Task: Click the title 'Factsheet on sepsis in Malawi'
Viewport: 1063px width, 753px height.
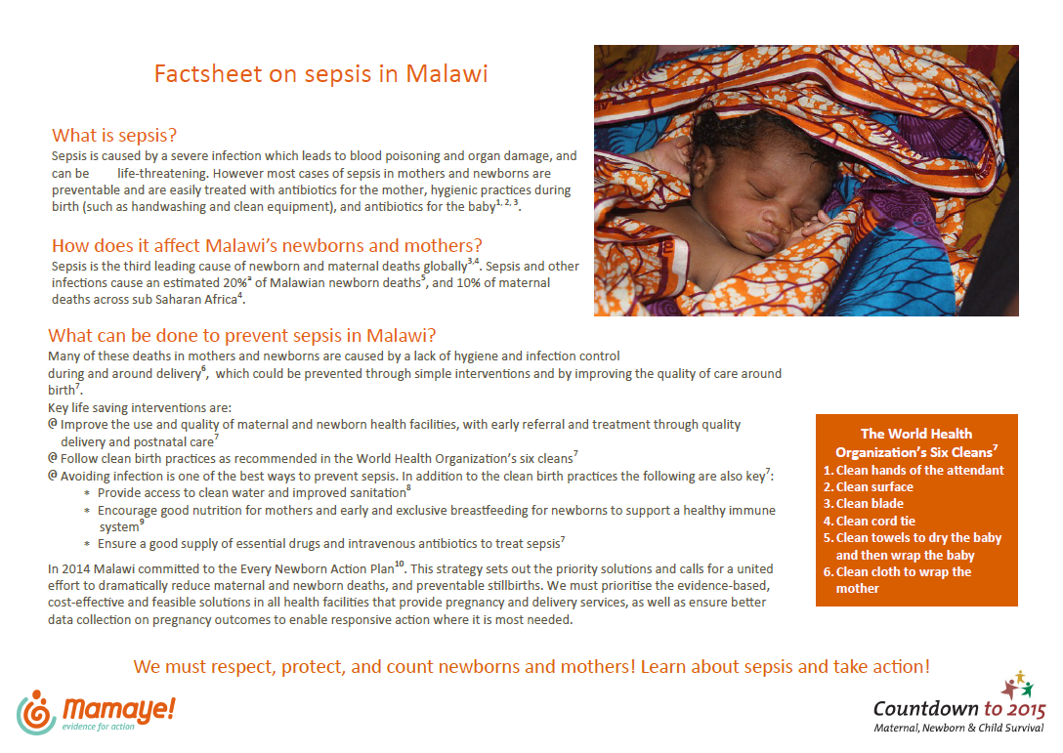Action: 320,73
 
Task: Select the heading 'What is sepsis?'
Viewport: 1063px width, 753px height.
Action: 114,136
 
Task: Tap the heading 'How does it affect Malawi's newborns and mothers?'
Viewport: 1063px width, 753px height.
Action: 267,245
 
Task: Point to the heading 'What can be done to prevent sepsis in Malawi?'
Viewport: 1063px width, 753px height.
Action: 242,336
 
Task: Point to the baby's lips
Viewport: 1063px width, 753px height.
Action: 764,242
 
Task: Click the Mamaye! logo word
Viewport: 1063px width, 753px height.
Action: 118,709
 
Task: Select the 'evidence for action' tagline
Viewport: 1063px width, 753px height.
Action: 99,728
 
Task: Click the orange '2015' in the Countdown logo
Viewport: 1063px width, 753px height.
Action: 1026,710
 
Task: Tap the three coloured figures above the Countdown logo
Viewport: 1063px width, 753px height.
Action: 1017,685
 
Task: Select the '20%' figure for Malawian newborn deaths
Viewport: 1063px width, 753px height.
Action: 234,282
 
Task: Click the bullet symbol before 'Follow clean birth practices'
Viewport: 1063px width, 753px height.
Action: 52,458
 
